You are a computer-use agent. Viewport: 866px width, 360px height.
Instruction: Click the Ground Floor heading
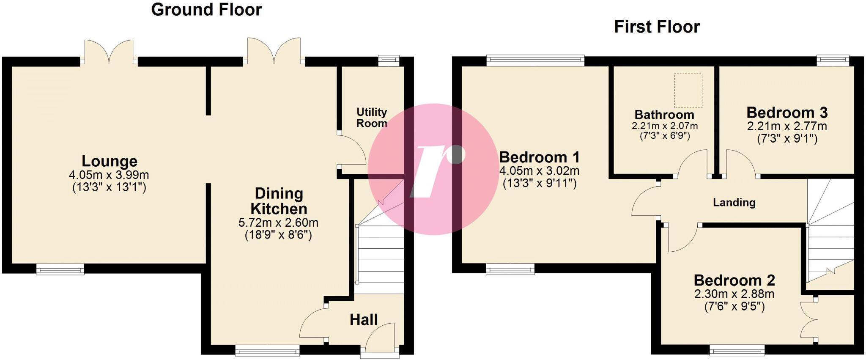tap(206, 10)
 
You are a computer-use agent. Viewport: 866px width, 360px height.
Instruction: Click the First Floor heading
tap(657, 27)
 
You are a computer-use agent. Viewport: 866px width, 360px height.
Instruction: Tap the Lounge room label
tap(109, 161)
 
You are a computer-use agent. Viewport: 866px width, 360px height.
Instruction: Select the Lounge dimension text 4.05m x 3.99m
tap(109, 175)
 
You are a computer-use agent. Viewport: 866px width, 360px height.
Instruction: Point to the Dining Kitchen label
tap(279, 201)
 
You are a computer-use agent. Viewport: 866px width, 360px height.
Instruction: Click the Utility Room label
tap(371, 118)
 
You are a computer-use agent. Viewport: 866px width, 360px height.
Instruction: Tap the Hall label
tap(364, 320)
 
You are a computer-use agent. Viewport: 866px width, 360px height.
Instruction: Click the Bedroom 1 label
tap(539, 157)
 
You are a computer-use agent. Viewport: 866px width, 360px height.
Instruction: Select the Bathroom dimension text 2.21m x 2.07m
tap(664, 126)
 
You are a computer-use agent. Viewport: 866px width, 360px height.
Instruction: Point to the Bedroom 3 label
tap(787, 113)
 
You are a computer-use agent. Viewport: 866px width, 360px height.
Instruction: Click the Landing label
tap(734, 203)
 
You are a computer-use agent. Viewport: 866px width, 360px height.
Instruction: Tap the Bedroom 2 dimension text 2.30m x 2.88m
tap(734, 294)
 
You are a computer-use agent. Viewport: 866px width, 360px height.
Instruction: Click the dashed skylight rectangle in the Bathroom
tap(688, 90)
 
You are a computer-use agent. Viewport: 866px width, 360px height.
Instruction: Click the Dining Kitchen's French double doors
tap(274, 52)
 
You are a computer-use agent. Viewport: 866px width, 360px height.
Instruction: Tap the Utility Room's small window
tap(388, 60)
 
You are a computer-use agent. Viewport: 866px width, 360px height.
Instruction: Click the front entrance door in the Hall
tap(380, 338)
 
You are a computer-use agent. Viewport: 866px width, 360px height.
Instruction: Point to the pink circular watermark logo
tap(433, 169)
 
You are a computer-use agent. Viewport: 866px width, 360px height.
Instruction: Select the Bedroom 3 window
tap(833, 60)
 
